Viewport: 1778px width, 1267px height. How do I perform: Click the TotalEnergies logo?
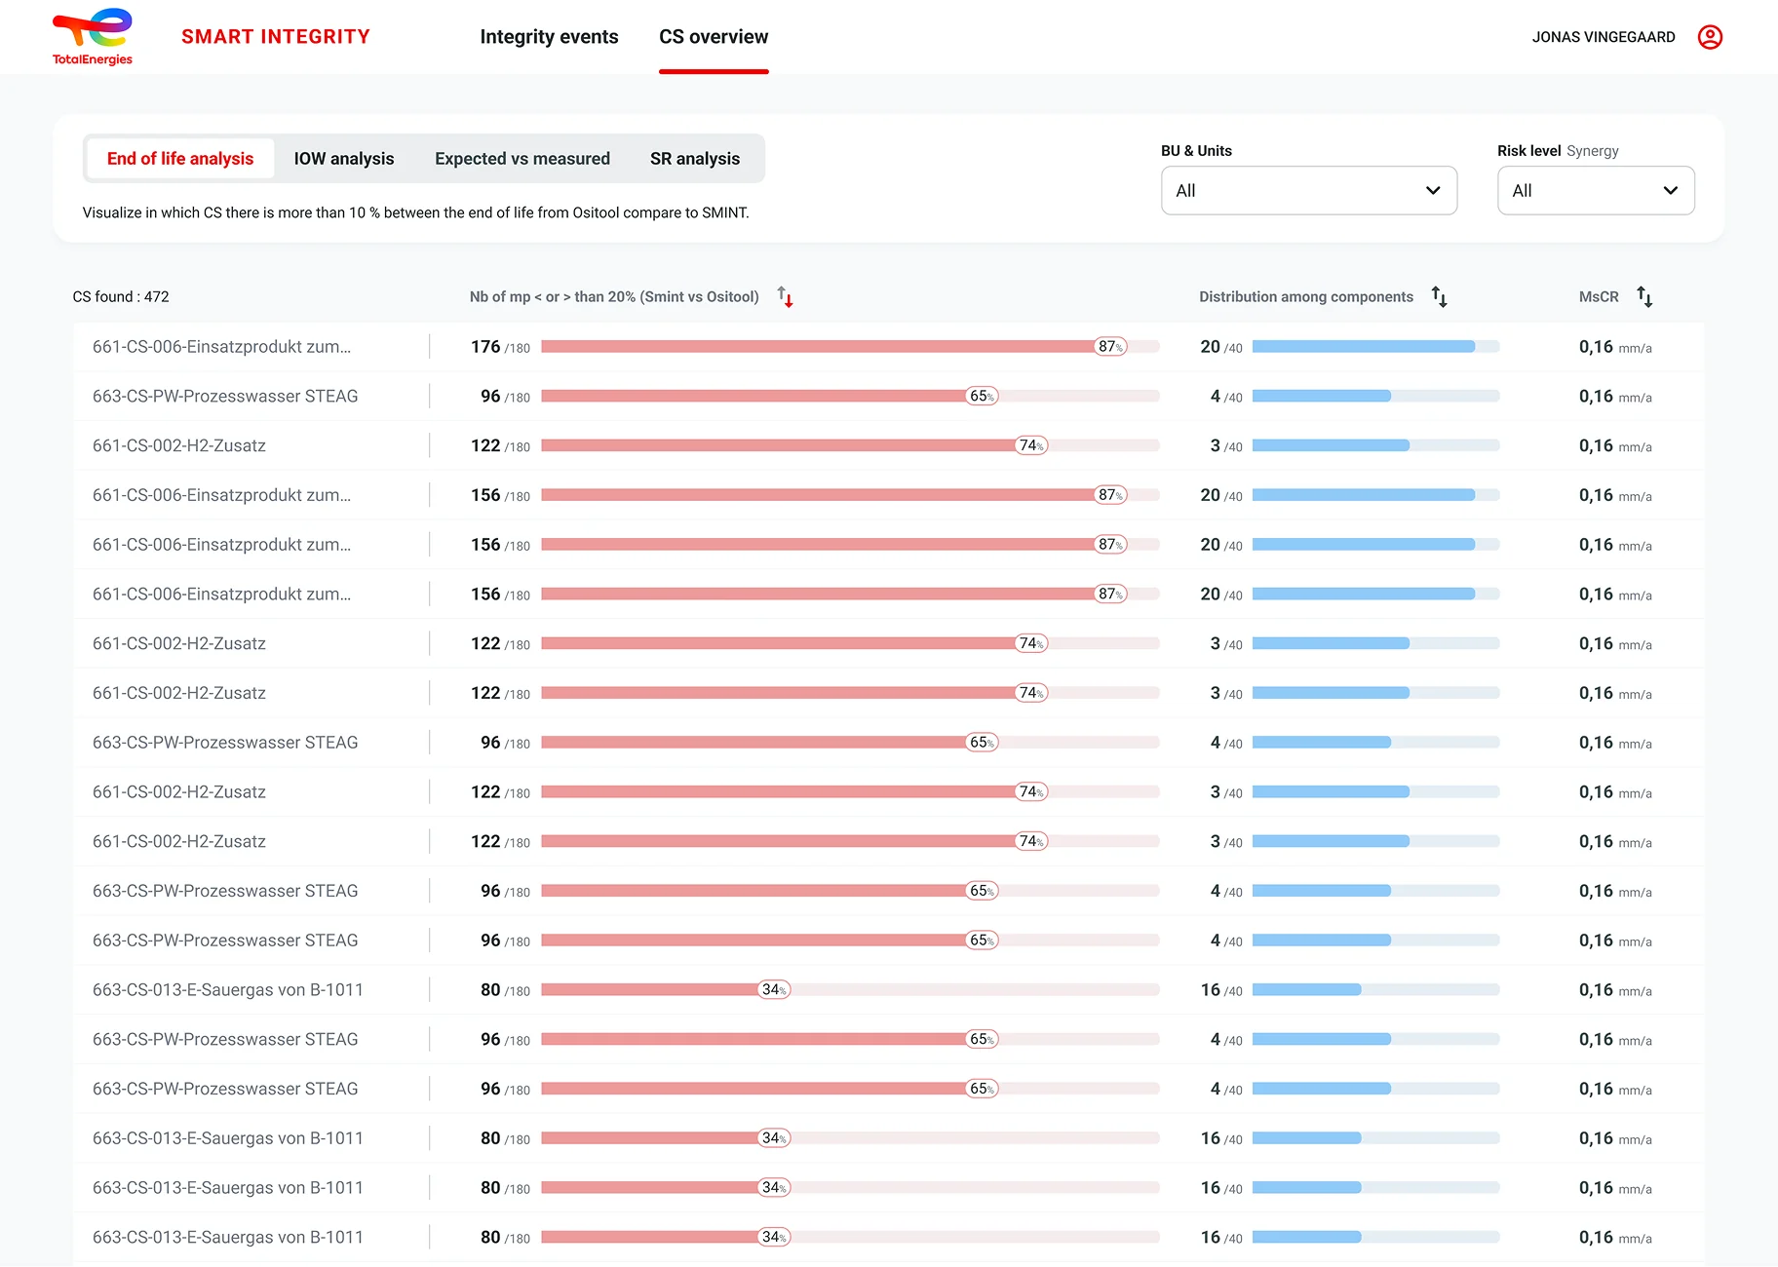pyautogui.click(x=93, y=37)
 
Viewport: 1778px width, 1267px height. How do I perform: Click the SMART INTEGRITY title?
pyautogui.click(x=276, y=37)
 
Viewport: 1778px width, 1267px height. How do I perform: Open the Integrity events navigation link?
pyautogui.click(x=549, y=37)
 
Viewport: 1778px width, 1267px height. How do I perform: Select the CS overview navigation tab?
pyautogui.click(x=714, y=37)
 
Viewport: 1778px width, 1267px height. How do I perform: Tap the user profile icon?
pyautogui.click(x=1710, y=37)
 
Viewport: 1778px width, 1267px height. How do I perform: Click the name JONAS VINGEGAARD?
pyautogui.click(x=1604, y=37)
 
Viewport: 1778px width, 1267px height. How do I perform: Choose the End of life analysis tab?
pyautogui.click(x=180, y=158)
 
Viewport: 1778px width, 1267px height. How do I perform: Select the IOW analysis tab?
pyautogui.click(x=344, y=158)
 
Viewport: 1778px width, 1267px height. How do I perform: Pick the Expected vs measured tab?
pyautogui.click(x=522, y=158)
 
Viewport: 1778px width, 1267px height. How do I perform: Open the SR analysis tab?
pyautogui.click(x=695, y=158)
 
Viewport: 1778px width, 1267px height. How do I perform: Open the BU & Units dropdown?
pyautogui.click(x=1309, y=190)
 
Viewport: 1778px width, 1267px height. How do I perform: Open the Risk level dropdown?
pyautogui.click(x=1596, y=190)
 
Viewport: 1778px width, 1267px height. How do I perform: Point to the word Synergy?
pyautogui.click(x=1593, y=151)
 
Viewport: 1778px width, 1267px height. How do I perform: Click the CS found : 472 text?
pyautogui.click(x=121, y=296)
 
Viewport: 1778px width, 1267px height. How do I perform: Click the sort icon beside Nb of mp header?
pyautogui.click(x=786, y=297)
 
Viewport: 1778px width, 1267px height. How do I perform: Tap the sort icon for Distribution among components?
pyautogui.click(x=1439, y=297)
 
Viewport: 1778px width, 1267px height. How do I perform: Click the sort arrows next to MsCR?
pyautogui.click(x=1644, y=297)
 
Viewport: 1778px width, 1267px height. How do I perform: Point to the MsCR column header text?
pyautogui.click(x=1599, y=296)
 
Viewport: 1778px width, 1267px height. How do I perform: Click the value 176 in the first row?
pyautogui.click(x=485, y=347)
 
